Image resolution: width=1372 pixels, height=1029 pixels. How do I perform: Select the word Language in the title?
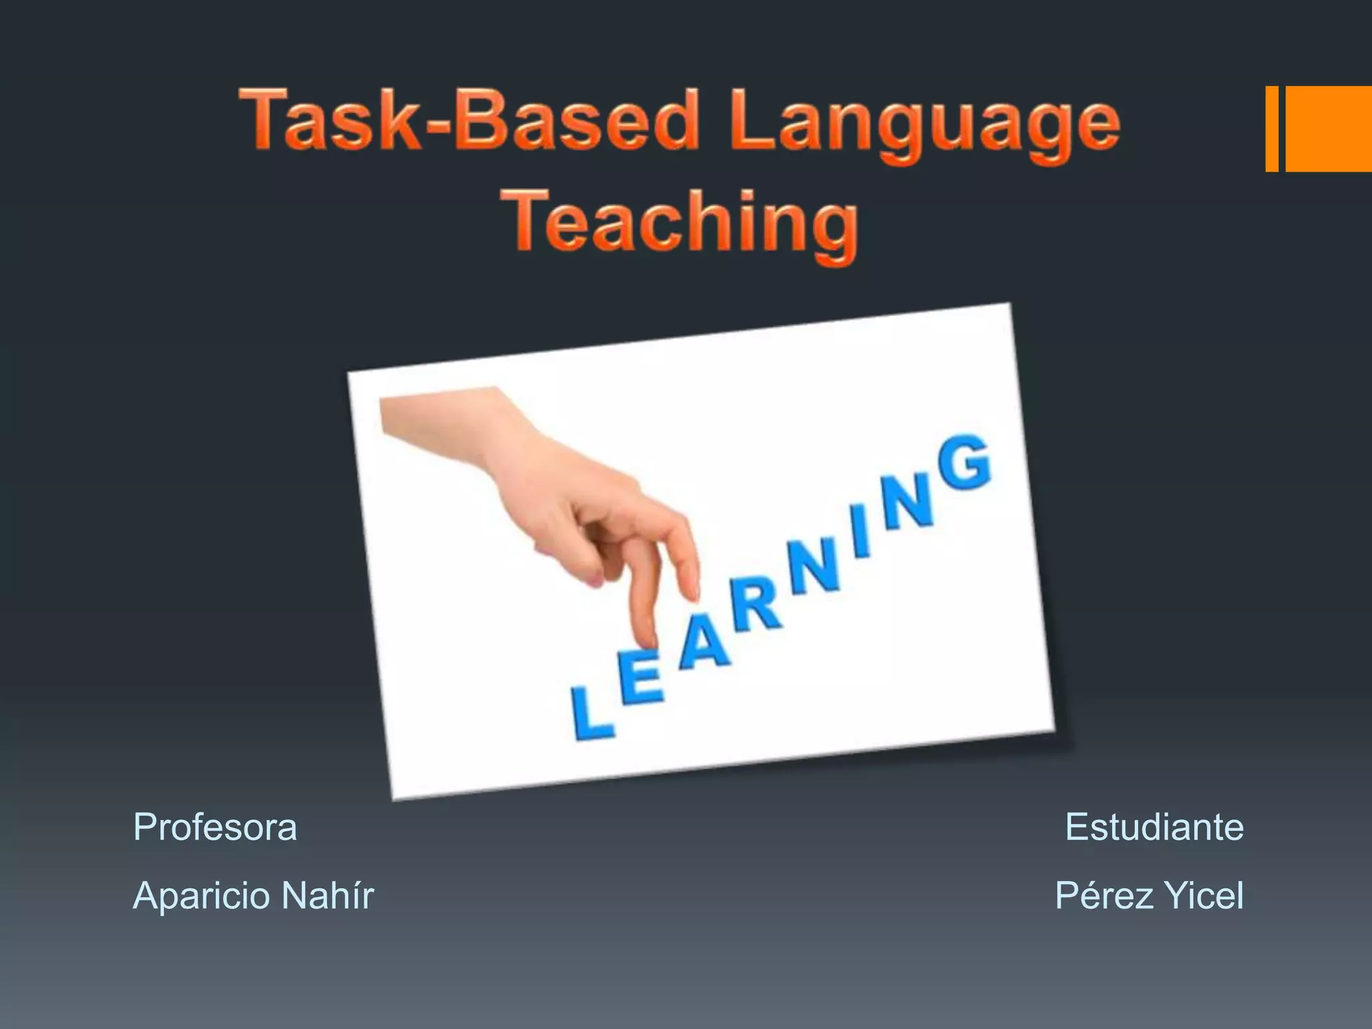click(x=924, y=124)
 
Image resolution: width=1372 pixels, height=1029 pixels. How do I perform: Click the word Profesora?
click(x=215, y=827)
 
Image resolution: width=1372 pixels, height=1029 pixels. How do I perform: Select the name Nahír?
click(x=328, y=895)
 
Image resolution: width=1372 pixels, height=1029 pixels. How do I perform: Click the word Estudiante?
click(x=1154, y=827)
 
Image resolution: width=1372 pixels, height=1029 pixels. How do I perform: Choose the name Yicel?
click(x=1204, y=895)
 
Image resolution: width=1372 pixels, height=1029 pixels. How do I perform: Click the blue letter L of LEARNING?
click(x=590, y=713)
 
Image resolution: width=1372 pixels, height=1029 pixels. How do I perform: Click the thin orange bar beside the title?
click(x=1272, y=129)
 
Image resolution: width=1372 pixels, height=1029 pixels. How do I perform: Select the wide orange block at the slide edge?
click(x=1328, y=129)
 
